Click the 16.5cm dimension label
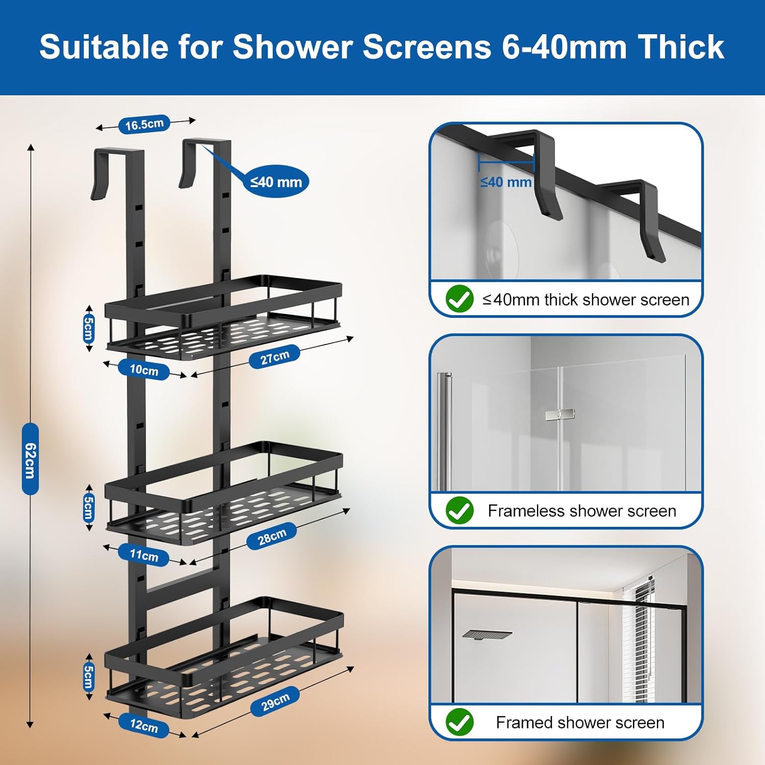tap(144, 124)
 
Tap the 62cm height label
tap(30, 459)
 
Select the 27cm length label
tap(274, 357)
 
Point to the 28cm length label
tap(271, 537)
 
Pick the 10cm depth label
tap(144, 370)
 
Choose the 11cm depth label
tap(144, 555)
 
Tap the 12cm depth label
tap(144, 725)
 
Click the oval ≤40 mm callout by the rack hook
tap(276, 182)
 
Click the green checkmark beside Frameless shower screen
tap(460, 511)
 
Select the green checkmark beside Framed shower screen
tap(460, 722)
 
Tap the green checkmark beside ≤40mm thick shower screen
tap(460, 299)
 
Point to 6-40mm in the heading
tap(564, 47)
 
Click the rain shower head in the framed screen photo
tap(487, 634)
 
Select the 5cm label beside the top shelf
tap(89, 328)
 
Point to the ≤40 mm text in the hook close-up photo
tap(505, 182)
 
